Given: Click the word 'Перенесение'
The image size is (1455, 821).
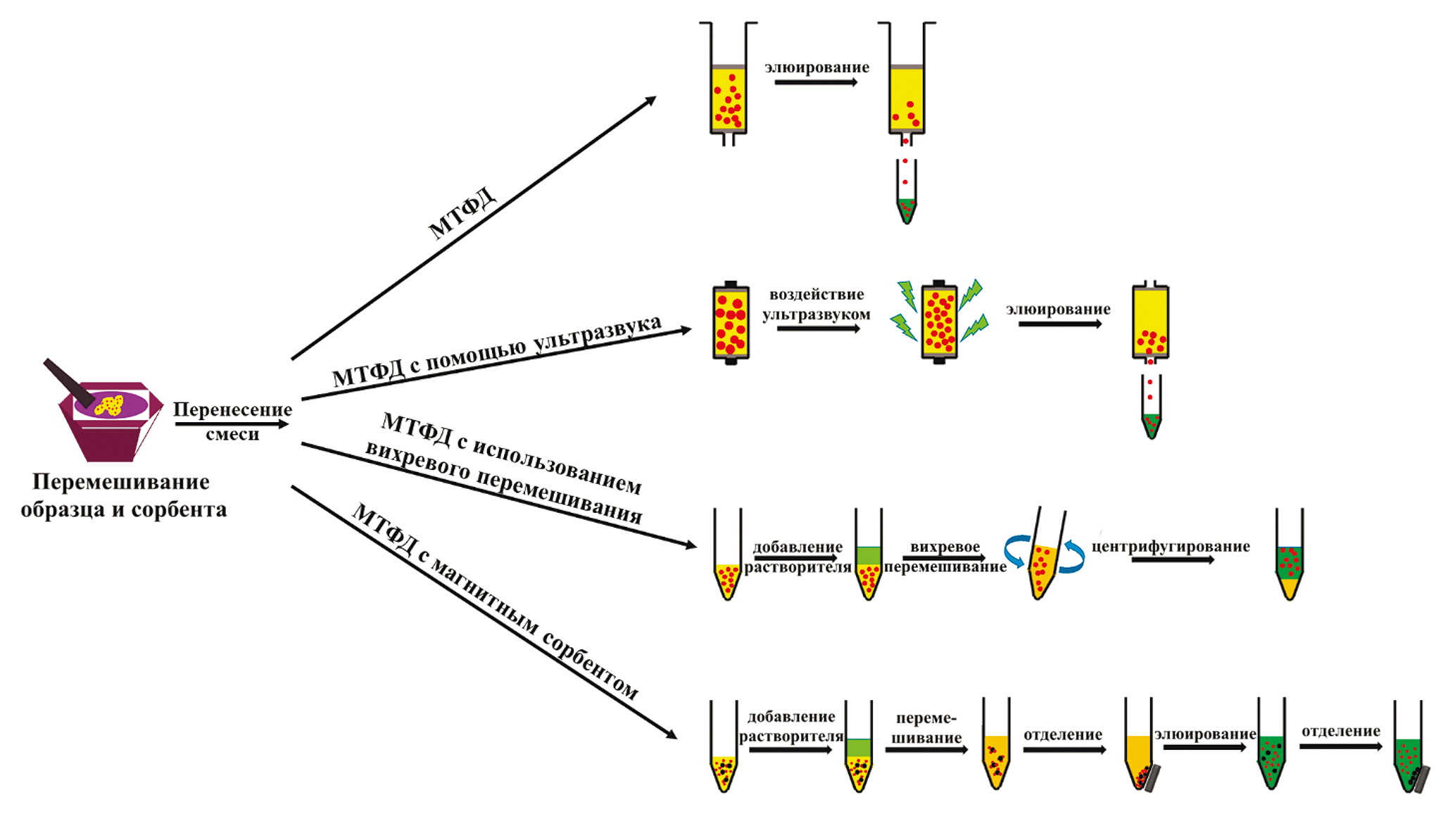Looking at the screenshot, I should (232, 409).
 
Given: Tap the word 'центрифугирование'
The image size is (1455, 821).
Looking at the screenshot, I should (1171, 547).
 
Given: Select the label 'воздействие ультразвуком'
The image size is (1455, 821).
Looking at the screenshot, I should (817, 305).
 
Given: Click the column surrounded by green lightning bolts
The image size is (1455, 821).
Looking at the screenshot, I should (939, 322).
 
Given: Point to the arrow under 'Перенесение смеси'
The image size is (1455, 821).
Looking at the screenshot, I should (232, 424).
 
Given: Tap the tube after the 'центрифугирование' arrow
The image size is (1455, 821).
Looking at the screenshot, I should (1290, 556).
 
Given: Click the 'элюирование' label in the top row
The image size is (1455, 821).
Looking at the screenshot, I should (817, 68).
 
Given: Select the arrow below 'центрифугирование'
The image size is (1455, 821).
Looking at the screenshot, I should (1173, 560).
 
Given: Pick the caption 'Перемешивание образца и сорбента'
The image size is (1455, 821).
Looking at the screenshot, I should (123, 495).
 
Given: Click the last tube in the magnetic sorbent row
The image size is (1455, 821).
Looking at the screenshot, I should (1409, 749).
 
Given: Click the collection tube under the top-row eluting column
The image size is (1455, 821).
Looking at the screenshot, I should (906, 193).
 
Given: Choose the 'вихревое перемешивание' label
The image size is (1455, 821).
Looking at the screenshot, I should (945, 556).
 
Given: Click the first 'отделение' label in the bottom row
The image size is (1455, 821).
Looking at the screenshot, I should (1062, 734).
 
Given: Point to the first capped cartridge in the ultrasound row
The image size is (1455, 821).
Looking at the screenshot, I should (731, 323).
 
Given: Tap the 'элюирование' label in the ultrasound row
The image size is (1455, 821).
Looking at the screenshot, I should (1058, 310).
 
